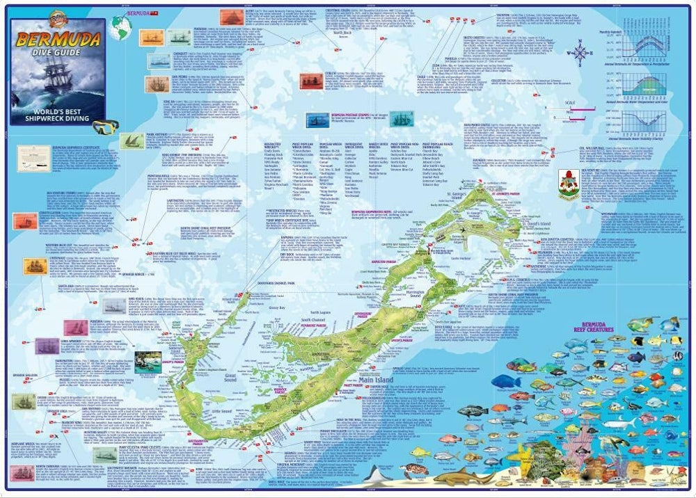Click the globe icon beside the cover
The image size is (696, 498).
pos(120,26)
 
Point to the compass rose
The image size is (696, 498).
pos(582,53)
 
